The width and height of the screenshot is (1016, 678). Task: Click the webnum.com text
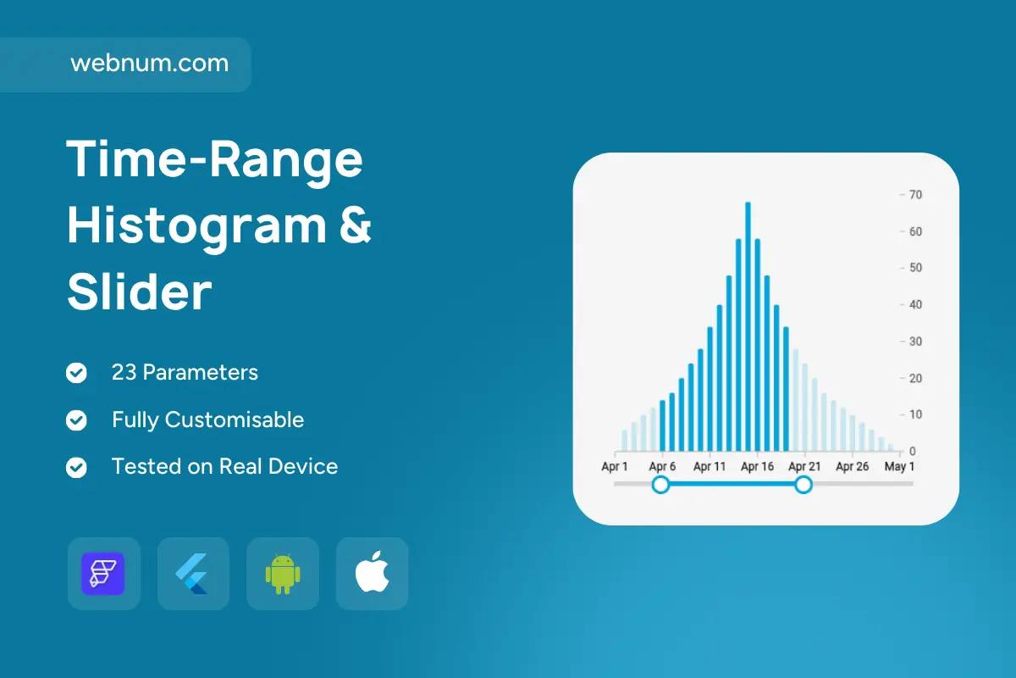pos(150,63)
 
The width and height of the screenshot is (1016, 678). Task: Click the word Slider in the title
pos(140,292)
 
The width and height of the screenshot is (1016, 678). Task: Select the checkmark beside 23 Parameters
pos(76,373)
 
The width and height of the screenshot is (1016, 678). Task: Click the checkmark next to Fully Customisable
pos(76,420)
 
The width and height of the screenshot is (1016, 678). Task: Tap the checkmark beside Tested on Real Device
pos(76,467)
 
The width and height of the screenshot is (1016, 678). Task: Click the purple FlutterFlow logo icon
pos(103,574)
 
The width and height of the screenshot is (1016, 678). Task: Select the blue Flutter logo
pos(192,574)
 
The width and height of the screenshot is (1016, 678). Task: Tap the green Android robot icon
pos(283,574)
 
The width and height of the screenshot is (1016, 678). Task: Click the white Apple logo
pos(372,572)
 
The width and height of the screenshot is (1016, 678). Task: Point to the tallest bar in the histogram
pos(748,326)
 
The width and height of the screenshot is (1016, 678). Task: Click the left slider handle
pos(661,485)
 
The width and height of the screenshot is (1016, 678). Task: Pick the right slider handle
pos(803,485)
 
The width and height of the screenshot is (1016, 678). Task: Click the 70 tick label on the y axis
pos(916,195)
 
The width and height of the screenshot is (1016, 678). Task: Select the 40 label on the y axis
pos(916,305)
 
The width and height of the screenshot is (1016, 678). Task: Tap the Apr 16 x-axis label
pos(758,466)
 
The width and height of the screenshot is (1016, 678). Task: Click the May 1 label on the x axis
pos(899,466)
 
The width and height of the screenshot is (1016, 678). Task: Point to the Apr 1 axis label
pos(615,466)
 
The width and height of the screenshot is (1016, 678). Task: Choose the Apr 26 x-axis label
pos(853,466)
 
